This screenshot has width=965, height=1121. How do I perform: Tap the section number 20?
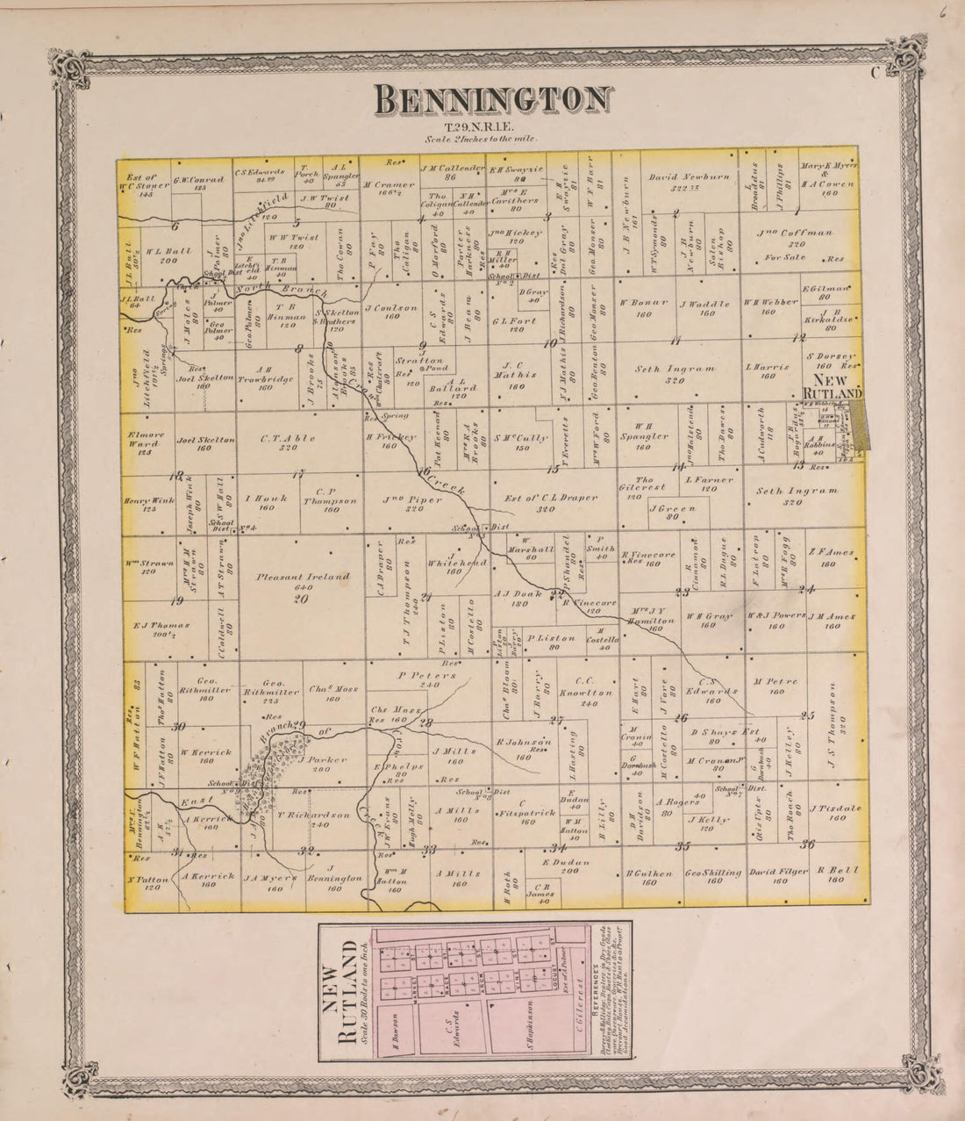(x=301, y=599)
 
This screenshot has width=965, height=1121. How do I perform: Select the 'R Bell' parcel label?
(x=830, y=873)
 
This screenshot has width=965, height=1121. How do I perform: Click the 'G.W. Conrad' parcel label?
(x=194, y=182)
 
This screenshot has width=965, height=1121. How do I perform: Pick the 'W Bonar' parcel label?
(x=640, y=304)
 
